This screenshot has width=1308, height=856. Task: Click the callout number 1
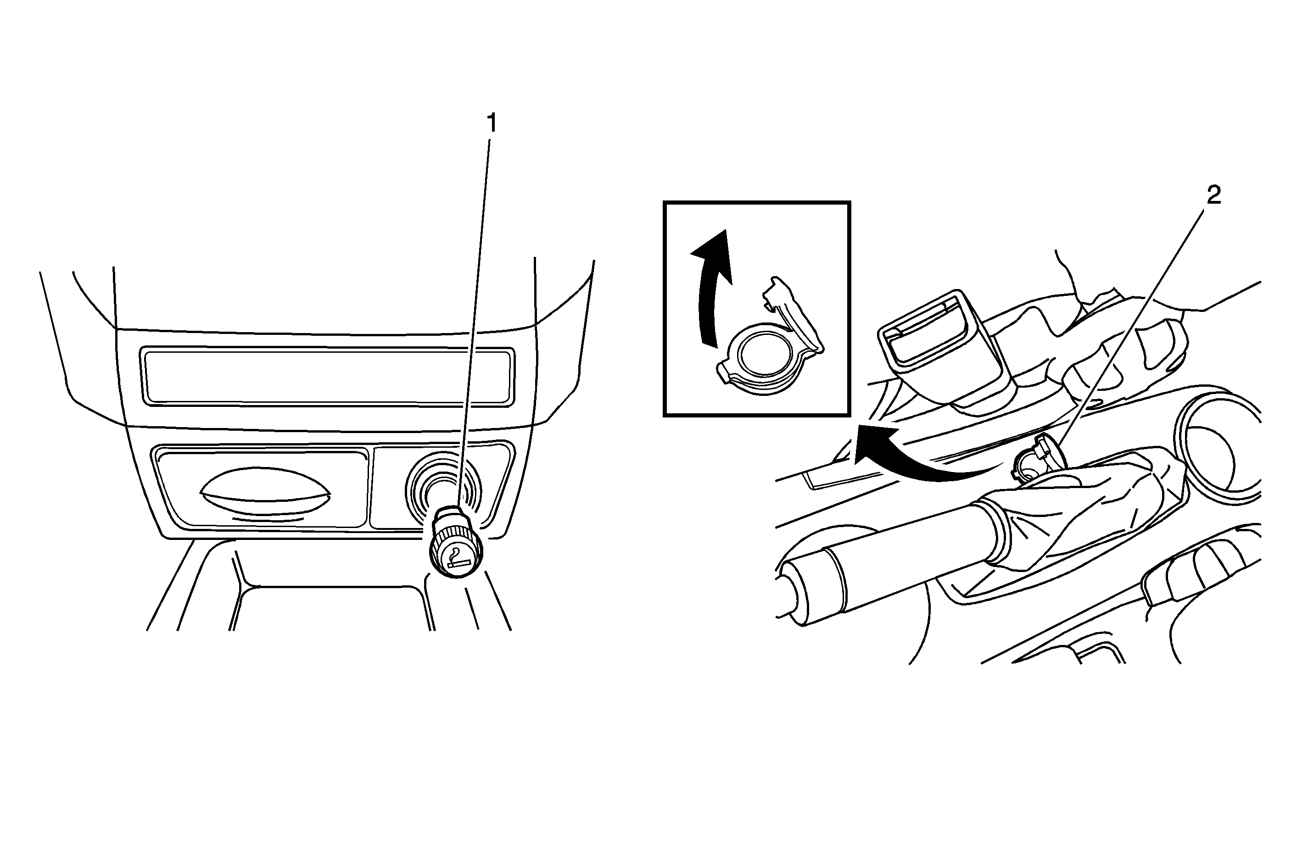point(492,123)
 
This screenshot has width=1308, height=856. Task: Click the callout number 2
point(1213,195)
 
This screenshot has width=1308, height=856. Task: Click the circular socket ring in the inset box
point(759,357)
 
